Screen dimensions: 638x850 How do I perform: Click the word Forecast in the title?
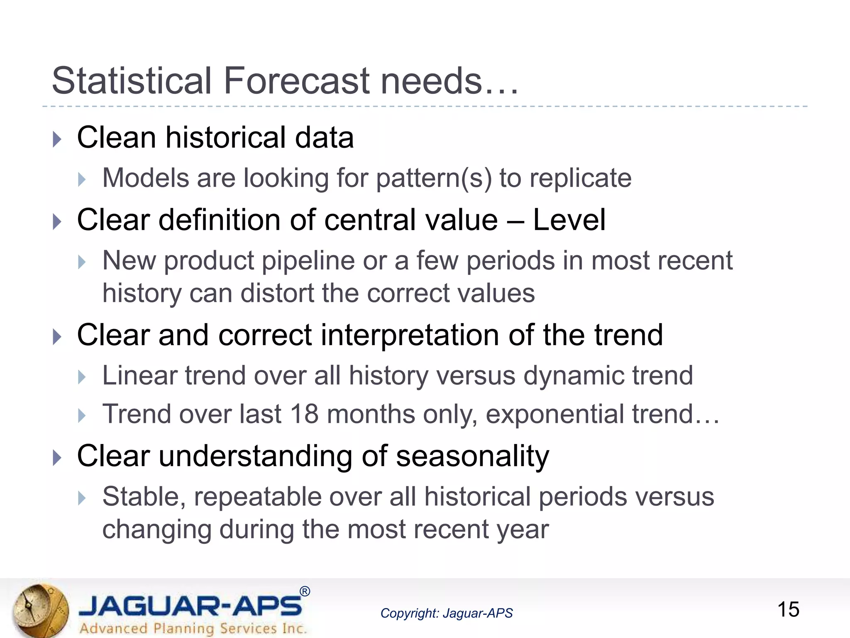tap(296, 81)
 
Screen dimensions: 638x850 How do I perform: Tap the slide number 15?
tap(788, 610)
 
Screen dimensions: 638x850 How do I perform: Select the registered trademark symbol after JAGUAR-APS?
tap(305, 591)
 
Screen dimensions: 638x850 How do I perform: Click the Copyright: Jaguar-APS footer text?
tap(446, 613)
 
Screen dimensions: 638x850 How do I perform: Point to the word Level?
tap(569, 220)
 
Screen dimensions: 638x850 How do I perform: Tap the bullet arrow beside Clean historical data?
tap(57, 139)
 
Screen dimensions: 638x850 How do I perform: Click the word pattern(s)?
tap(434, 179)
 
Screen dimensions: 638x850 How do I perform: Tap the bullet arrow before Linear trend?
tap(82, 377)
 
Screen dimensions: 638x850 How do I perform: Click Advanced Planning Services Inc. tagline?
tap(193, 628)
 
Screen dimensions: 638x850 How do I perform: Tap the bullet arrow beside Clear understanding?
tap(57, 458)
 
